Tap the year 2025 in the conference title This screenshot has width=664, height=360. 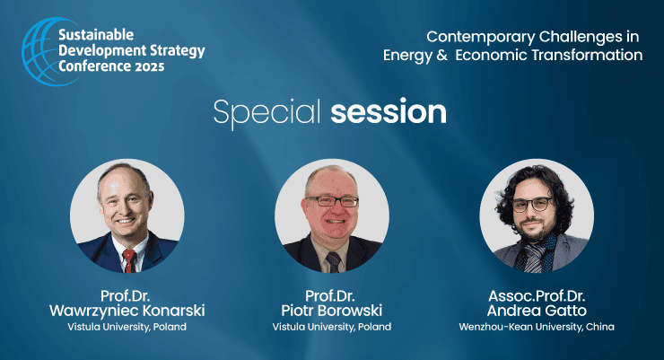tap(150, 67)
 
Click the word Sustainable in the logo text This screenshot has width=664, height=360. tap(96, 35)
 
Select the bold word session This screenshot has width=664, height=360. tap(389, 112)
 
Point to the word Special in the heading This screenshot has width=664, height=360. tap(266, 113)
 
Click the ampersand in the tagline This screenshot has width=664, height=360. tap(441, 55)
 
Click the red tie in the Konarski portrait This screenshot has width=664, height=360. tap(129, 260)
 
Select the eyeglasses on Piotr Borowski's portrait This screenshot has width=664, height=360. tap(333, 201)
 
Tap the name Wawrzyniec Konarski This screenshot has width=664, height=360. tap(127, 311)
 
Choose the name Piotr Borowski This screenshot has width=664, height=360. tap(332, 311)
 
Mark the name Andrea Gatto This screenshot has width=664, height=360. tap(537, 311)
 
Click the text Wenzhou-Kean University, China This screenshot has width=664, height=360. tap(537, 327)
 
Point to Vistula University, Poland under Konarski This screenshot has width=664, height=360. tap(127, 327)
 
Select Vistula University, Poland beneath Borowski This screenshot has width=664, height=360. tap(332, 327)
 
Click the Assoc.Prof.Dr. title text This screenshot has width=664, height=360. tap(537, 295)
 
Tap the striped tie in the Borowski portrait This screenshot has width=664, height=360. tap(334, 262)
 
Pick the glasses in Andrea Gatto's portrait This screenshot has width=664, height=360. tap(532, 205)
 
